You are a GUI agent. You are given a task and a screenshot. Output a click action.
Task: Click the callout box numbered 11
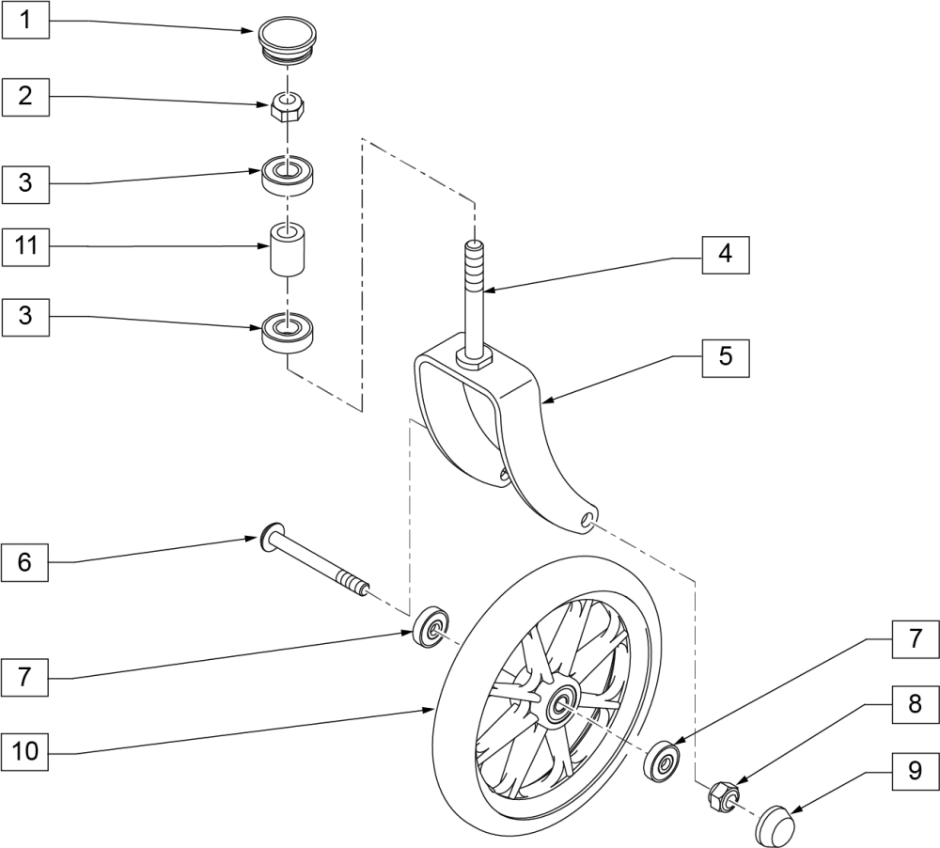click(26, 247)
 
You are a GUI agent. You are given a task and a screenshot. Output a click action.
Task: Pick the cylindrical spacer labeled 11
click(289, 248)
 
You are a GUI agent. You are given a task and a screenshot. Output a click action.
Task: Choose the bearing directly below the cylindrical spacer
click(287, 332)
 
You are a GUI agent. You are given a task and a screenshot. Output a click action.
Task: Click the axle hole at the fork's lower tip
click(589, 518)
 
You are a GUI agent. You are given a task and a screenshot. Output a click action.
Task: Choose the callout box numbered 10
click(26, 753)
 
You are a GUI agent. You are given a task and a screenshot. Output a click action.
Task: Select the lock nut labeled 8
click(723, 795)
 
